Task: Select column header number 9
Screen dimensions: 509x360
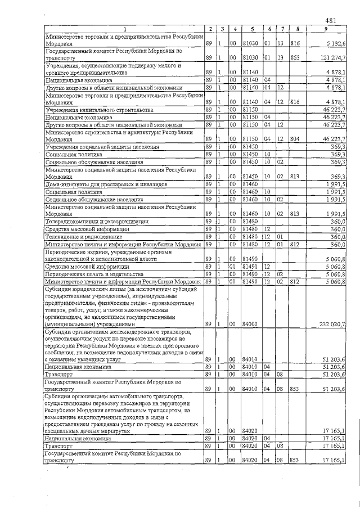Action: point(326,29)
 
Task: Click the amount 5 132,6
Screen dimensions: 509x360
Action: point(336,43)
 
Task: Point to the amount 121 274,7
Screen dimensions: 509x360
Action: point(334,57)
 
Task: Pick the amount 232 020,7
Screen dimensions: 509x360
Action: point(334,325)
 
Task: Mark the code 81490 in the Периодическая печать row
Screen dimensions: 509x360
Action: point(250,273)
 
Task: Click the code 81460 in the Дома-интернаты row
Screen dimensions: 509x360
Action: point(250,184)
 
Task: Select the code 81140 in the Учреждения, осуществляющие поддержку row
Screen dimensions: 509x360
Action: point(250,73)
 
